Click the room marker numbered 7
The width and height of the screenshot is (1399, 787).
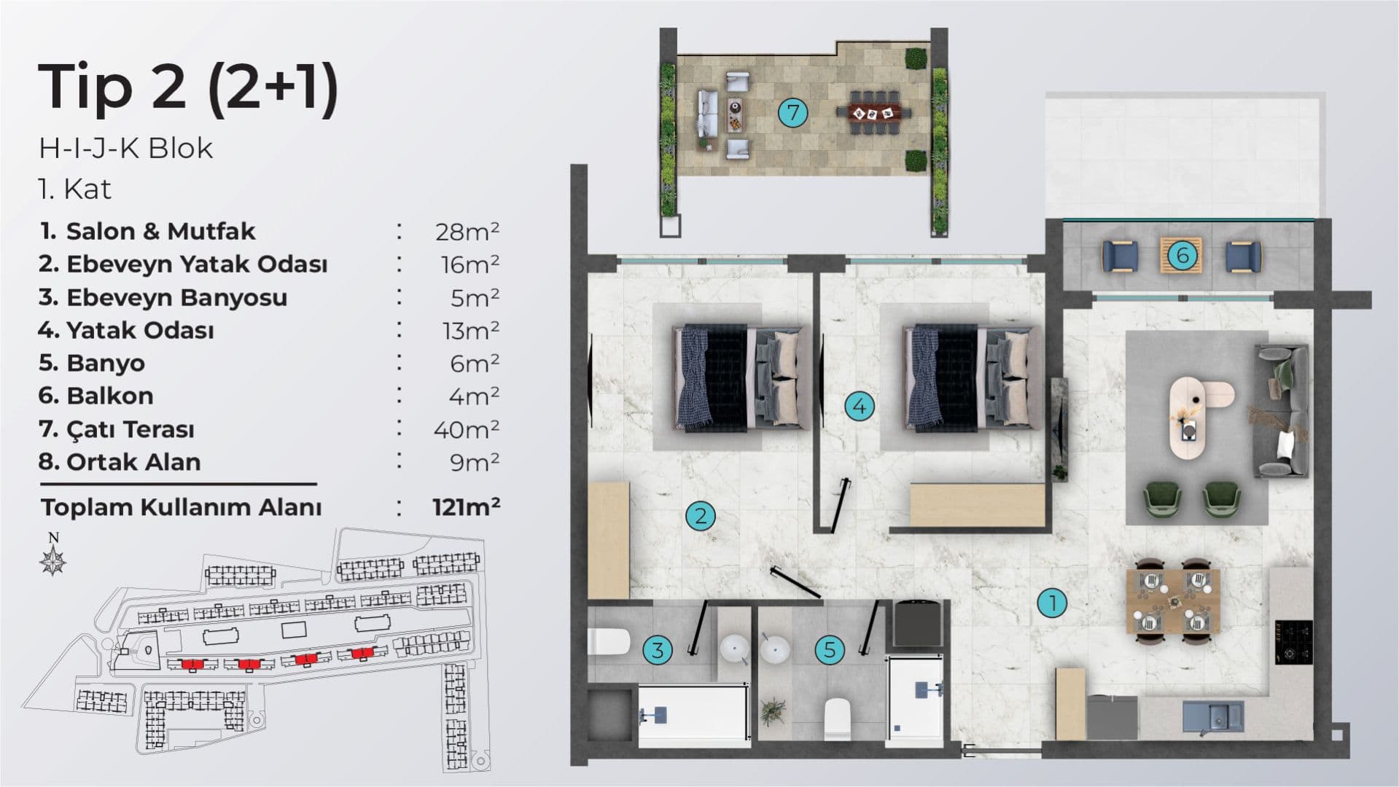(792, 113)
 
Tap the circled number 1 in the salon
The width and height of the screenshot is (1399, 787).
(1052, 603)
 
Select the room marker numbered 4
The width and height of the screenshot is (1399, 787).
(860, 406)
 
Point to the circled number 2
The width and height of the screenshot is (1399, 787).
(701, 516)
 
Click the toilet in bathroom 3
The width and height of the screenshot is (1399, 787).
(608, 642)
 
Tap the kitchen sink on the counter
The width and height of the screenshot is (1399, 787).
(1213, 715)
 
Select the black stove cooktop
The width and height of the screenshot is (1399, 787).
(1293, 641)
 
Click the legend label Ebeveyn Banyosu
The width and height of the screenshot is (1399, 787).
(177, 297)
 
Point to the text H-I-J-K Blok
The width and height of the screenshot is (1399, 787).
(126, 148)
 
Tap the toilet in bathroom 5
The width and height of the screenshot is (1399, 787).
(837, 718)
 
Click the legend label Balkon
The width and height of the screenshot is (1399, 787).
(110, 396)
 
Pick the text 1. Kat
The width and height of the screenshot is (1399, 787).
(75, 189)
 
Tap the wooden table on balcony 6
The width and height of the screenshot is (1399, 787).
(1181, 255)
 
